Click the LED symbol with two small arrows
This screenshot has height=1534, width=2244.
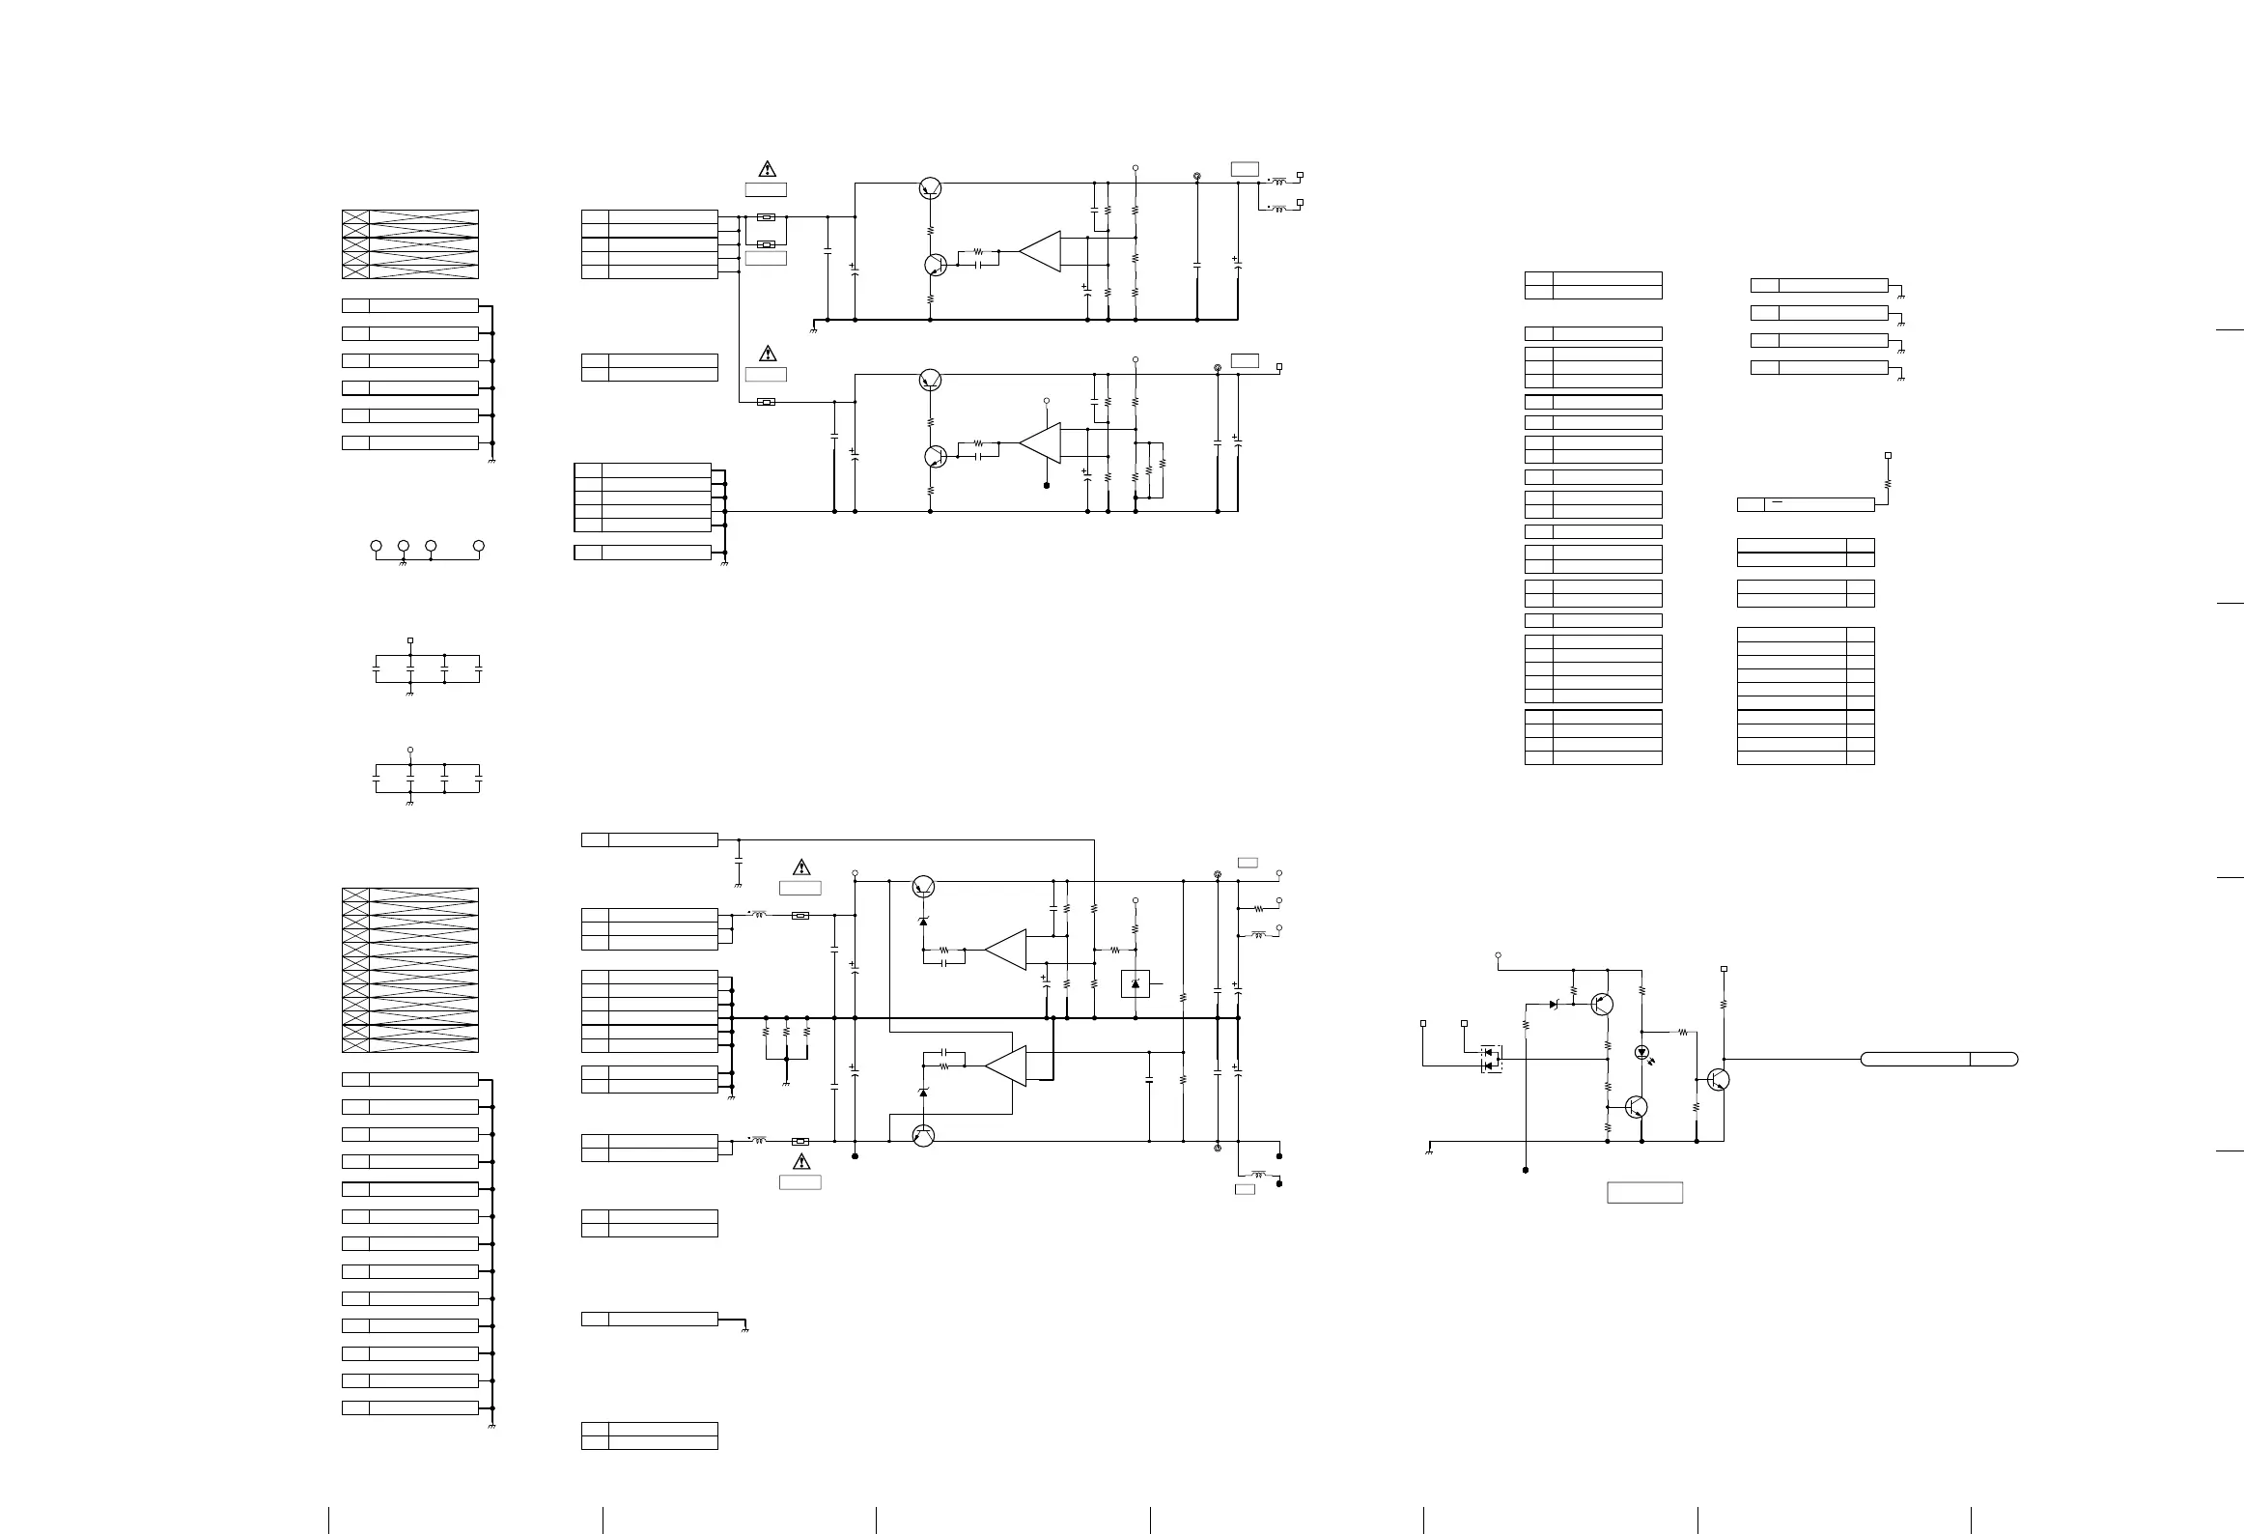1641,1053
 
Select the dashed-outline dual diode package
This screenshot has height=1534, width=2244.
1492,1058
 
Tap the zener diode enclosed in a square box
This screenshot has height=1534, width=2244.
1135,983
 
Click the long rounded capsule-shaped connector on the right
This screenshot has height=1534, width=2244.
1939,1059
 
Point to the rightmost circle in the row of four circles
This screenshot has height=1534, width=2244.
478,547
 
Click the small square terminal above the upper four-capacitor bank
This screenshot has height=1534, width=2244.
410,639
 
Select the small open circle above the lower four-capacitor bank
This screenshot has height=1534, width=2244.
410,750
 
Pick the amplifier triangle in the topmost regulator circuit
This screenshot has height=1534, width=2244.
1041,251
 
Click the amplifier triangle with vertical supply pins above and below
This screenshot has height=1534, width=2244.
1041,442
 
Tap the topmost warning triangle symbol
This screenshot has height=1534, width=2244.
767,169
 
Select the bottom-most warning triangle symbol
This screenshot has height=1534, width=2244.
800,1161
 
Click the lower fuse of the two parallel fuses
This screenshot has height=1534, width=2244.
767,244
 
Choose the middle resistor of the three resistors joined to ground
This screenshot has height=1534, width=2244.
787,1032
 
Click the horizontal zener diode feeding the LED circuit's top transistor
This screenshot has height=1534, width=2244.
1553,1005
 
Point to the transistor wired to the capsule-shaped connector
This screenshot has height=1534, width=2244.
1718,1080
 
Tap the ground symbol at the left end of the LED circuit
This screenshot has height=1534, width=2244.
1428,1150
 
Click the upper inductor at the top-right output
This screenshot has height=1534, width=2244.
1280,181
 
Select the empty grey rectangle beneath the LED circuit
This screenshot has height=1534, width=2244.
1644,1192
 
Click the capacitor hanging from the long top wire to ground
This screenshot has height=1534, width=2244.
739,856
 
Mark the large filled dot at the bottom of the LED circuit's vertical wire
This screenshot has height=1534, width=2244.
1526,1170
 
